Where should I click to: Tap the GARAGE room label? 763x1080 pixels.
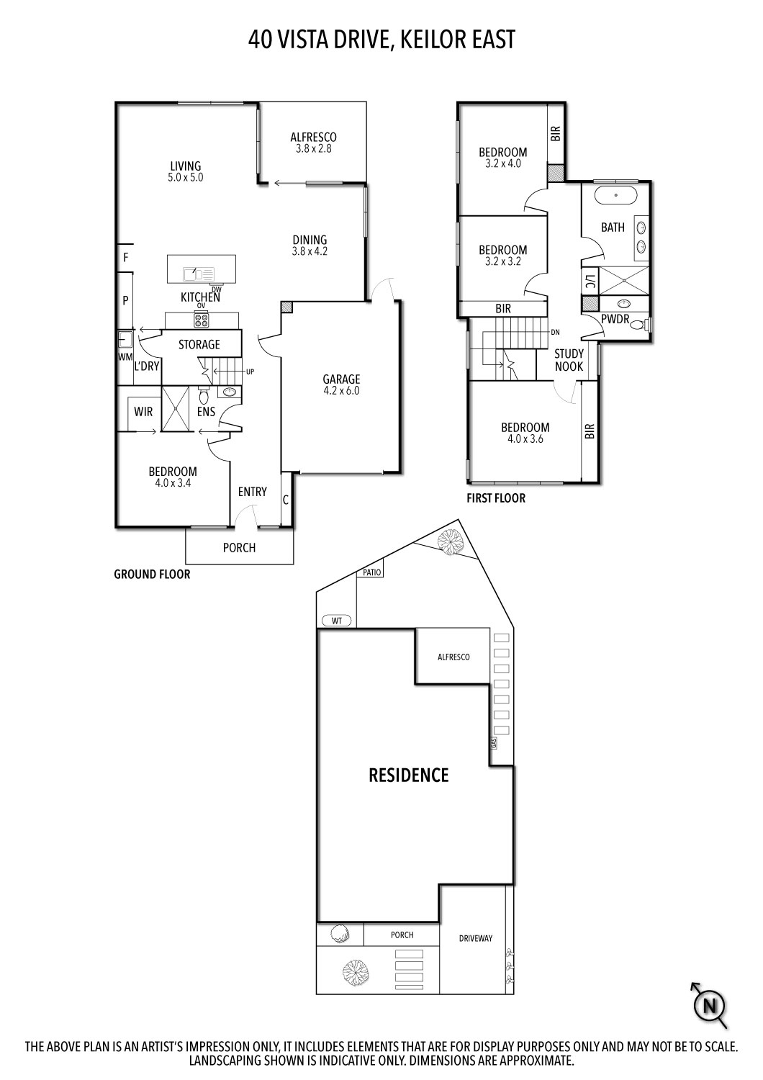click(341, 379)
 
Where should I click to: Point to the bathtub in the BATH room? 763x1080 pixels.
click(615, 195)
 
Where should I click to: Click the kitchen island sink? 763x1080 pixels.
click(193, 274)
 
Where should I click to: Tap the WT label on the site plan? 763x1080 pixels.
click(336, 620)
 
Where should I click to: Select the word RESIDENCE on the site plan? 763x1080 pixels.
click(408, 775)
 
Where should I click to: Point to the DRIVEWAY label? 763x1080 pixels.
click(476, 938)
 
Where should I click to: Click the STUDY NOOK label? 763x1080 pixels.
click(569, 360)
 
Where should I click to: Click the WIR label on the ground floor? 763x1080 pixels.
click(143, 412)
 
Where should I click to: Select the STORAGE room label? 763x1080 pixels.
click(199, 345)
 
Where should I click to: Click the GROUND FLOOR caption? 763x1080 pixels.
click(152, 575)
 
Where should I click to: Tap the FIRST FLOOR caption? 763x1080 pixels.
click(496, 498)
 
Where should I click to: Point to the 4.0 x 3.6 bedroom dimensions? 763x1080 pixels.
click(525, 438)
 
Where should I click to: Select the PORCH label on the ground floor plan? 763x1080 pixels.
click(239, 548)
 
